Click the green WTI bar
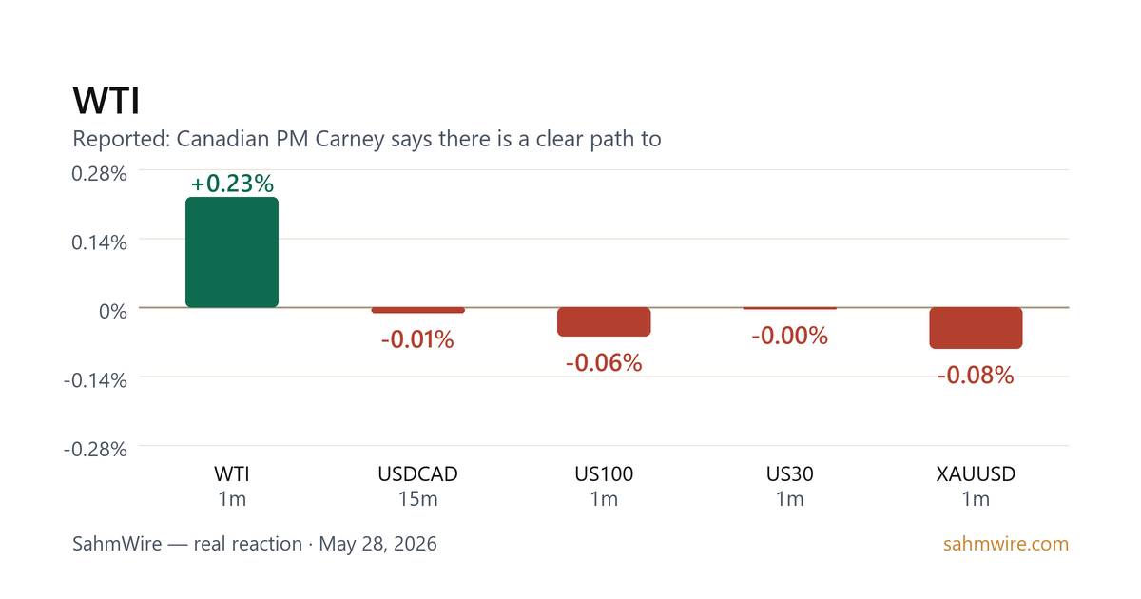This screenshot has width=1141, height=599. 232,252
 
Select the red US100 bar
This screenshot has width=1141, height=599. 604,321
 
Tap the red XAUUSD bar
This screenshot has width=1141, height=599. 976,327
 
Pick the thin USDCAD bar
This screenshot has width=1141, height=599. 417,310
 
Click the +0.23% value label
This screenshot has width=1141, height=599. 232,184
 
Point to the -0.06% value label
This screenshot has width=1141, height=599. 604,362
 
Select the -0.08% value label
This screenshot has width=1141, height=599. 976,375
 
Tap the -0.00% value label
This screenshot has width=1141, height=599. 789,336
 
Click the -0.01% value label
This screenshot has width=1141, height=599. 417,339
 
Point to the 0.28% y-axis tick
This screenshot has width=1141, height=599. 99,174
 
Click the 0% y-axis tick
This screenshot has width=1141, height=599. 113,311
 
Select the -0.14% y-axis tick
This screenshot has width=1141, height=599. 95,380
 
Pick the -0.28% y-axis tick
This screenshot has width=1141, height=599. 95,449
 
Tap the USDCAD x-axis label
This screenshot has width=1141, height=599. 417,474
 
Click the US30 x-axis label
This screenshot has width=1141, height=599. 789,474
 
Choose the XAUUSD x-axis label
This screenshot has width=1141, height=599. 976,474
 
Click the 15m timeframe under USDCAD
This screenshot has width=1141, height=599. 417,499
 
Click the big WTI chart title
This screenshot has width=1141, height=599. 106,101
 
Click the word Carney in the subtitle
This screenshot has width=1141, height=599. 350,139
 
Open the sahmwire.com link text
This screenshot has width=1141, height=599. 1006,544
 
